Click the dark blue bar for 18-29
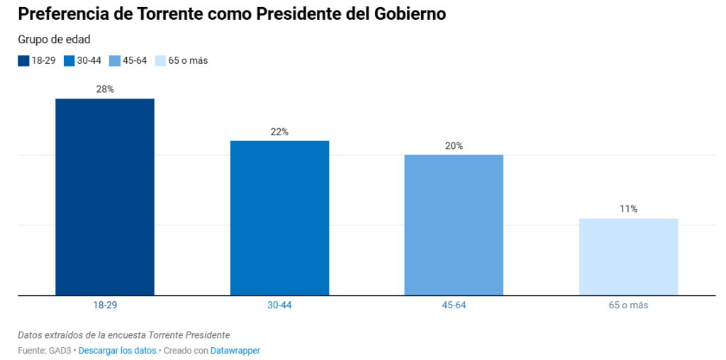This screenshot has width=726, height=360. pos(105,196)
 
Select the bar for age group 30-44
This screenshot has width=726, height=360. pos(279,218)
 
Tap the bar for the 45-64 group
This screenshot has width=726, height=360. pos(454,225)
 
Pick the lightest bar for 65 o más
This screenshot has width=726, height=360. pos(628,257)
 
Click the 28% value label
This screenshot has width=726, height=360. pos(105,89)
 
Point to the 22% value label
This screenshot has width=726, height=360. pos(279,132)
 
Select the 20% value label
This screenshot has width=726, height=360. pos(454,146)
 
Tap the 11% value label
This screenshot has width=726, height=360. pos(628,209)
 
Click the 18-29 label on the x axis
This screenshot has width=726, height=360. pos(105,305)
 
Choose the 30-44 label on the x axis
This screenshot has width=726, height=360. pos(279,305)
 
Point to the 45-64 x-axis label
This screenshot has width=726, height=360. pos(454,305)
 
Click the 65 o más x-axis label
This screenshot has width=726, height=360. pos(628,305)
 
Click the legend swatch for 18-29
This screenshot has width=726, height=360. pos(23,61)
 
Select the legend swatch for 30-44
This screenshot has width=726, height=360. pos(69,61)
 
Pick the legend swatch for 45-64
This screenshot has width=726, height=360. pos(115,61)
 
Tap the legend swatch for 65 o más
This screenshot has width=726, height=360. pos(160,61)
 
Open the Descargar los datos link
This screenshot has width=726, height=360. pos(118,351)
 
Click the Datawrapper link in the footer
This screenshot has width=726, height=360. pos(235,351)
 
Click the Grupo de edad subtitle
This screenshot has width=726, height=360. pos(54,40)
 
